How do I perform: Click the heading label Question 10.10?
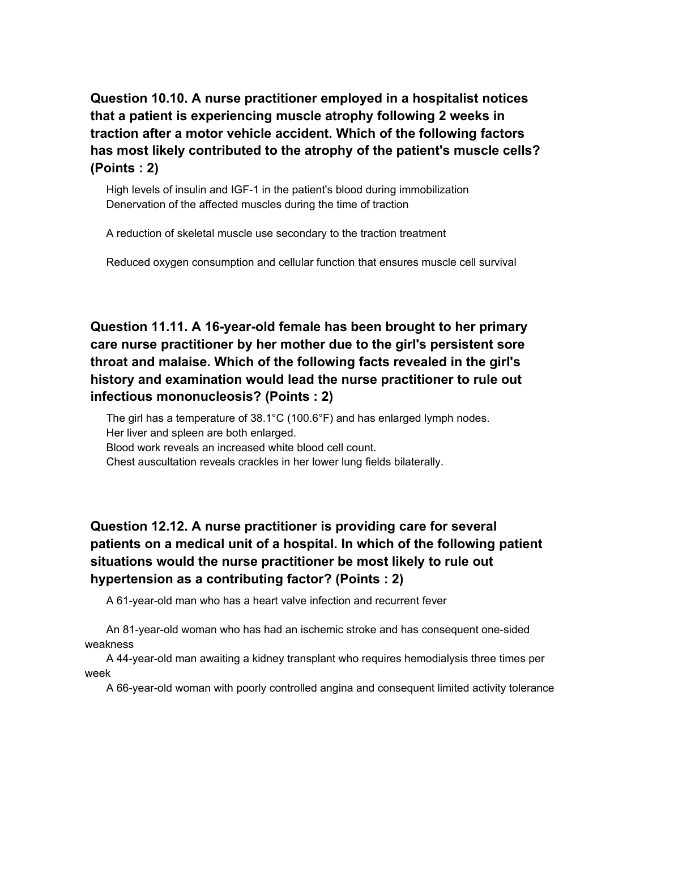click(139, 99)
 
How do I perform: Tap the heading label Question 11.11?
click(139, 327)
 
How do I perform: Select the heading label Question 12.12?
click(139, 527)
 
